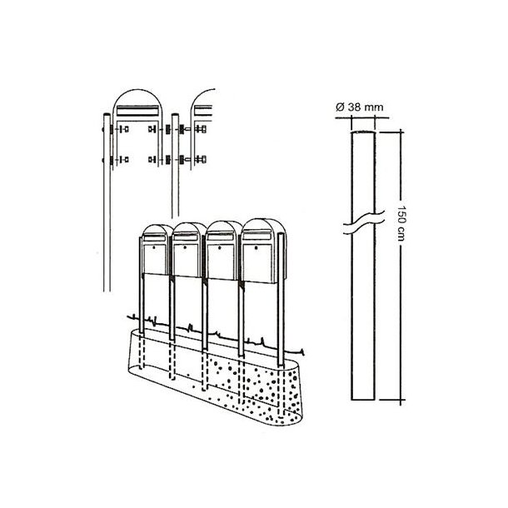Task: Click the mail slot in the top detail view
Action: (x=139, y=110)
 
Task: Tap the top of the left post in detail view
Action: (x=105, y=117)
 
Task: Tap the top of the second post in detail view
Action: (x=174, y=116)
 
